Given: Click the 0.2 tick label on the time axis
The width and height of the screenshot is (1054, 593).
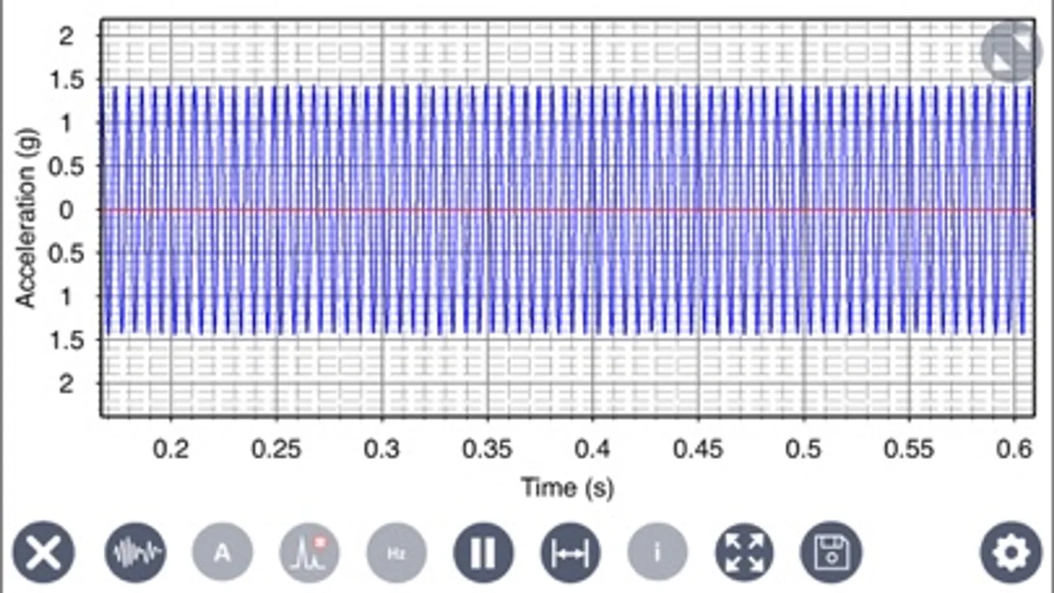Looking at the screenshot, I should (x=171, y=449).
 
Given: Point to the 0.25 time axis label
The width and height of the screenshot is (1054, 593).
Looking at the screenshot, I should (x=276, y=449).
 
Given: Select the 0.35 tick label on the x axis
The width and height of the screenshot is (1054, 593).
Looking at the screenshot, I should (x=487, y=449).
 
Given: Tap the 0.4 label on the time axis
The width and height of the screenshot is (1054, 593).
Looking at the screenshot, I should (x=592, y=449).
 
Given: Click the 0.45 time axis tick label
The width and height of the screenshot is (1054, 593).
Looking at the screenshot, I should (x=698, y=449).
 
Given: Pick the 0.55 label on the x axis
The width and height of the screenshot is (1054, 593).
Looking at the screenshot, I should (x=909, y=449).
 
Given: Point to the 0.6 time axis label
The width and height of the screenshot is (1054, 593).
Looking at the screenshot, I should (x=1014, y=449).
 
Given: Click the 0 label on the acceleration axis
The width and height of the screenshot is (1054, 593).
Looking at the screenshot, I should (x=66, y=210).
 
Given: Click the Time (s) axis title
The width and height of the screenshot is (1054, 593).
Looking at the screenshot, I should (x=568, y=488).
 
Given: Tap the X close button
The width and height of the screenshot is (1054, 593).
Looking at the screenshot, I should (x=44, y=552).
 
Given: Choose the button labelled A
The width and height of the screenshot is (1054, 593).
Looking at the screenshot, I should (x=222, y=552).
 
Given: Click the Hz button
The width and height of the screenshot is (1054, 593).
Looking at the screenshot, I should (x=396, y=552).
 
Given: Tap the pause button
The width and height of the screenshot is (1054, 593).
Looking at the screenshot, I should (x=483, y=552).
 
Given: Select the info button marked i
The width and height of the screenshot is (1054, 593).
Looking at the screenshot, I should (x=657, y=552).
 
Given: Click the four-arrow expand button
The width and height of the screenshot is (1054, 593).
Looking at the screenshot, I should (x=744, y=552).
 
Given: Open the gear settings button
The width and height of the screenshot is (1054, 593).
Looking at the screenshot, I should (x=1010, y=552).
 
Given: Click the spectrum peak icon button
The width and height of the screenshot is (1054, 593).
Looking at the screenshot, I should (x=309, y=552).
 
